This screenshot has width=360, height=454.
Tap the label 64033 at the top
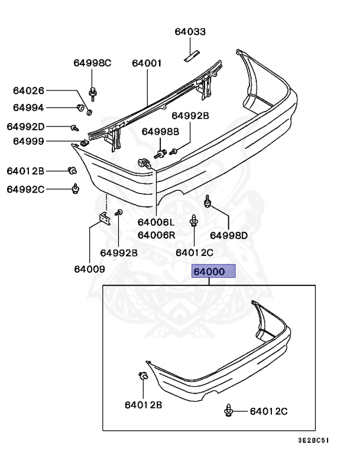pos(190,32)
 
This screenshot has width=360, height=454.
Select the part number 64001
pos(147,63)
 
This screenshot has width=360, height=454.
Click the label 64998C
pos(92,63)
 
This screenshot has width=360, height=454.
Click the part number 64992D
pos(25,127)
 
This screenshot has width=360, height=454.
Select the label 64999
pos(28,141)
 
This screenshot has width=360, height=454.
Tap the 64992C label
pos(25,189)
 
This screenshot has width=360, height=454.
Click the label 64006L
pos(156,223)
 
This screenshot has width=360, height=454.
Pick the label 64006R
pos(156,235)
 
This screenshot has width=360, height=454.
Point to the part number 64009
pos(89,269)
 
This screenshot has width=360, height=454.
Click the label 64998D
pos(229,235)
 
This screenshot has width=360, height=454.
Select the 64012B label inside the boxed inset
pos(143,405)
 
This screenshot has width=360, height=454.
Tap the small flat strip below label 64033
pos(190,56)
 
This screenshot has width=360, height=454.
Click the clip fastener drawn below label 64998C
pos(93,92)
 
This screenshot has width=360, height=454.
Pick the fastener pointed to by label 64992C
pos(75,189)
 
